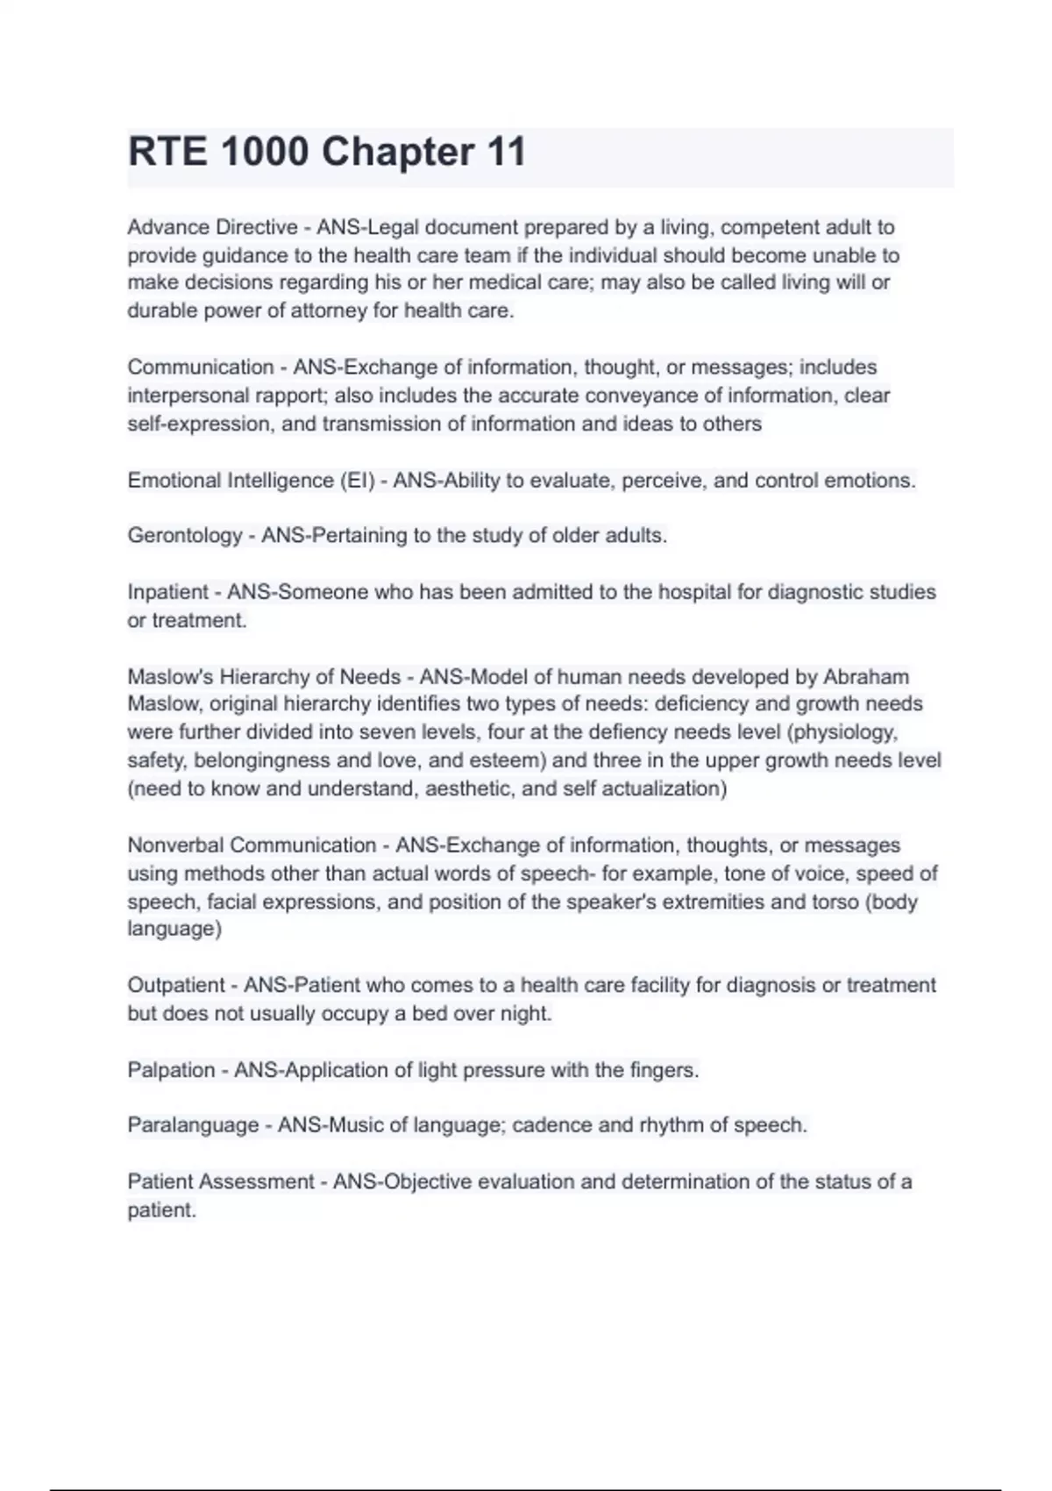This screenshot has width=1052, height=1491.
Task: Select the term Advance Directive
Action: pos(212,227)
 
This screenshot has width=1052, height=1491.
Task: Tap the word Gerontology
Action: pos(184,535)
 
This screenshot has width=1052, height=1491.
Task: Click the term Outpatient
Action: pos(176,985)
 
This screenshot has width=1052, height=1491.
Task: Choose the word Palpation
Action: pos(171,1070)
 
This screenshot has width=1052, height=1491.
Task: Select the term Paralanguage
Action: pos(193,1125)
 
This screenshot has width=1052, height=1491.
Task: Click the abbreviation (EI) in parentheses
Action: pos(356,481)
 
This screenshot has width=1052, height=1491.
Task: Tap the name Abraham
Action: pos(866,677)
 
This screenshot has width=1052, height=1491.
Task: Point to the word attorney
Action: pos(316,310)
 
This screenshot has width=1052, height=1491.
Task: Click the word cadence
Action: pos(551,1125)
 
